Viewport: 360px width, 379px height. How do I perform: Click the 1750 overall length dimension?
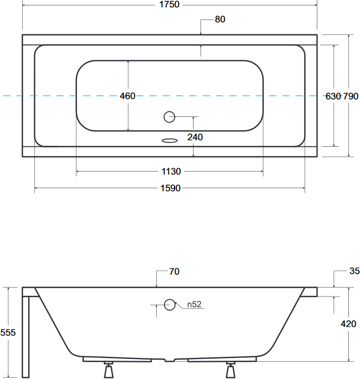click(169, 4)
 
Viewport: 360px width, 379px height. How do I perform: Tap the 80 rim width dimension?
click(220, 19)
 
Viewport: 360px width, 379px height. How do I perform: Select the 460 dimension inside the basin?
click(127, 96)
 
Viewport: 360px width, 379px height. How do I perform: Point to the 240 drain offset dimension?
click(195, 137)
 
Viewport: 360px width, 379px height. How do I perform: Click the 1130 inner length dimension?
click(171, 171)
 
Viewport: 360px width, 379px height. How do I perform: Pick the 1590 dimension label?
click(171, 188)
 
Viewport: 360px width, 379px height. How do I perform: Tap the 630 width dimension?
click(333, 96)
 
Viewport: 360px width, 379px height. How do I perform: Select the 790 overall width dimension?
click(351, 96)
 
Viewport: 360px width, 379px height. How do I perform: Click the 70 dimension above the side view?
click(174, 272)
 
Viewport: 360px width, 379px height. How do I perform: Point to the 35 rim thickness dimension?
click(354, 271)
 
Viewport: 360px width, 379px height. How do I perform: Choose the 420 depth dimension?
click(348, 324)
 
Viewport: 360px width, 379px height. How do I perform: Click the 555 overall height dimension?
click(8, 332)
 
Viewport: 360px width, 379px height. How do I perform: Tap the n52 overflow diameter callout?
click(194, 304)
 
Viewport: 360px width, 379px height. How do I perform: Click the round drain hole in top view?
click(169, 117)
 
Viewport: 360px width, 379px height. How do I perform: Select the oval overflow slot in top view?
click(169, 140)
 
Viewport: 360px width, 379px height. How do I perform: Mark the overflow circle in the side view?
click(169, 305)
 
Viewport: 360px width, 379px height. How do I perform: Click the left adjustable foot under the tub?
click(109, 370)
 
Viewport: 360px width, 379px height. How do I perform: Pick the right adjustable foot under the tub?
click(230, 370)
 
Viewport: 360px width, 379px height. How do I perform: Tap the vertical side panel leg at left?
click(25, 337)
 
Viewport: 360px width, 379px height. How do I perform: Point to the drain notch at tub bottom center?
click(169, 360)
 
